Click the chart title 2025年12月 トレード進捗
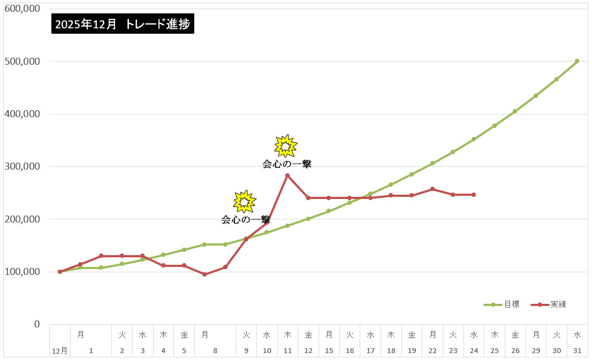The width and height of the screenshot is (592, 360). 123,24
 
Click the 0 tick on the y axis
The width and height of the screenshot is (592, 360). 37,324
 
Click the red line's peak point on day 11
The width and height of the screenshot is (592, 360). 287,175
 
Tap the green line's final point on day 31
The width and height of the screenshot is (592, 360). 576,61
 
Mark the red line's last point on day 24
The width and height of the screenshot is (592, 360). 474,195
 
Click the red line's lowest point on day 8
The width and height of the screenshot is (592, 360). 204,274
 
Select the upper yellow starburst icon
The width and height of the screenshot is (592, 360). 285,145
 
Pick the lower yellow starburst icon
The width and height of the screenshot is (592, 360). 244,201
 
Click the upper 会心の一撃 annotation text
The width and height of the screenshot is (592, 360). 287,164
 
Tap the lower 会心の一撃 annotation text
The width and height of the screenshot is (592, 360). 245,219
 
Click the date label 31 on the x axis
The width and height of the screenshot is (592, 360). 577,351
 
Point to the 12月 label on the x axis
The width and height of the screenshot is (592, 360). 59,351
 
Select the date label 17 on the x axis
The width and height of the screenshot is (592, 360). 370,351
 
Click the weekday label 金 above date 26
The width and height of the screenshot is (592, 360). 515,335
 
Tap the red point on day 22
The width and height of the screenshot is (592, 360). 432,189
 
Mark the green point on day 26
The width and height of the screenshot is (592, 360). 515,111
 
